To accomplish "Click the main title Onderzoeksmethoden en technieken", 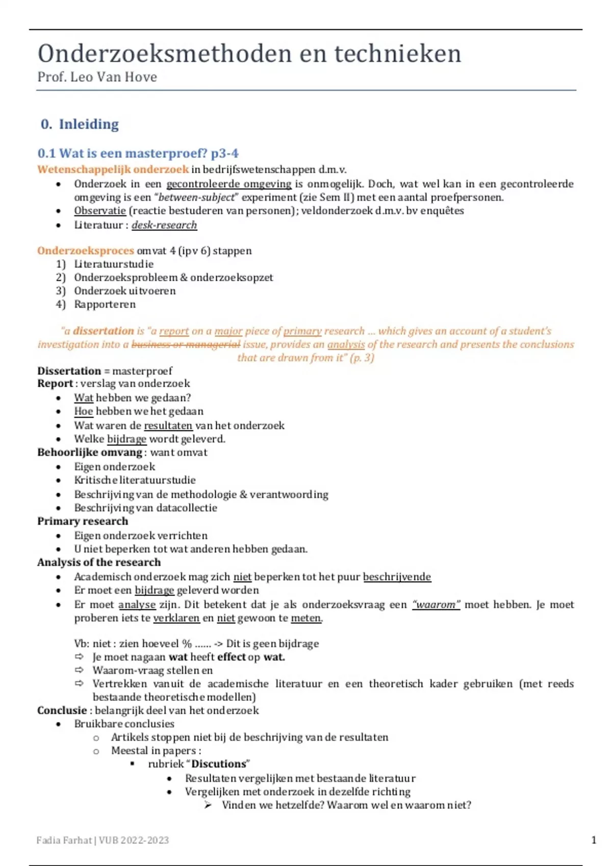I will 249,53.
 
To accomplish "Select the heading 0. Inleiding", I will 80,124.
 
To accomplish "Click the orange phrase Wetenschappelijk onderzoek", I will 113,169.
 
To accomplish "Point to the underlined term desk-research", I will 164,225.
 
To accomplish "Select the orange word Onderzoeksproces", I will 85,251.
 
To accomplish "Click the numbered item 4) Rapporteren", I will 105,305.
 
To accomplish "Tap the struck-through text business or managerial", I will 186,344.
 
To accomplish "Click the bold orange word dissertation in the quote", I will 103,331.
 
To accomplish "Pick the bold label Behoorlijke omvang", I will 90,452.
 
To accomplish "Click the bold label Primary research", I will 83,521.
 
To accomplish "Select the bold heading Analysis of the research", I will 99,562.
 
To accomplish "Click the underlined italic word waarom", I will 436,605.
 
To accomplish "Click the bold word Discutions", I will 219,764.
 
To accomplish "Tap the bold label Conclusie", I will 62,711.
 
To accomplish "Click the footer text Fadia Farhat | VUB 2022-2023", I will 103,840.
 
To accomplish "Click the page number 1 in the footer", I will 594,840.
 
